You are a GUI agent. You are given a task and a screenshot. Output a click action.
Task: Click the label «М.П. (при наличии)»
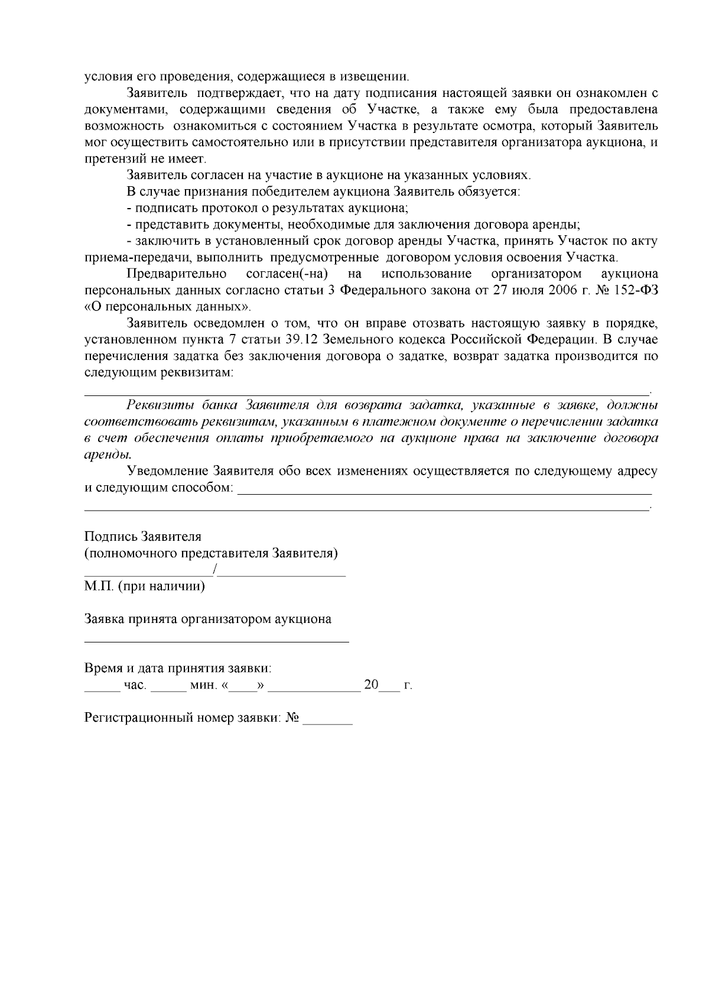click(x=145, y=587)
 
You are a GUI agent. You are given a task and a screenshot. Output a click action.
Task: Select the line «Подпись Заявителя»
click(x=143, y=537)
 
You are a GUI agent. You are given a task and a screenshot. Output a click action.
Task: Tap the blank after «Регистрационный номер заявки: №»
click(x=327, y=720)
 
